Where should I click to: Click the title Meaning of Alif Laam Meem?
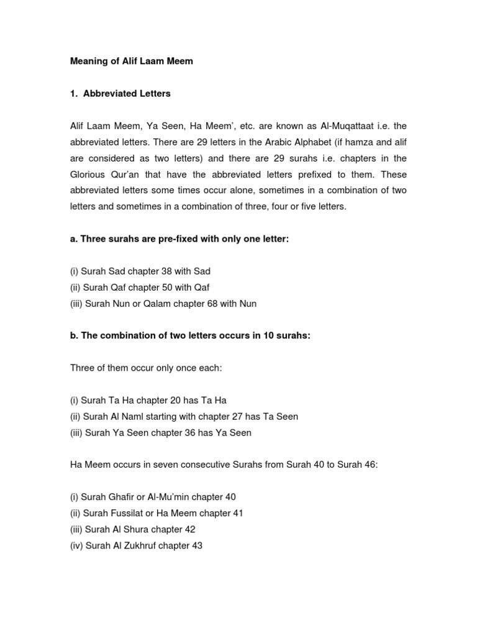(x=132, y=62)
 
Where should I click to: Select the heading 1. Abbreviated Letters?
(x=120, y=94)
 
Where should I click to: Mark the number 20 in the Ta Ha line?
(x=182, y=401)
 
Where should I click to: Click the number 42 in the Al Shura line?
(x=188, y=530)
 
